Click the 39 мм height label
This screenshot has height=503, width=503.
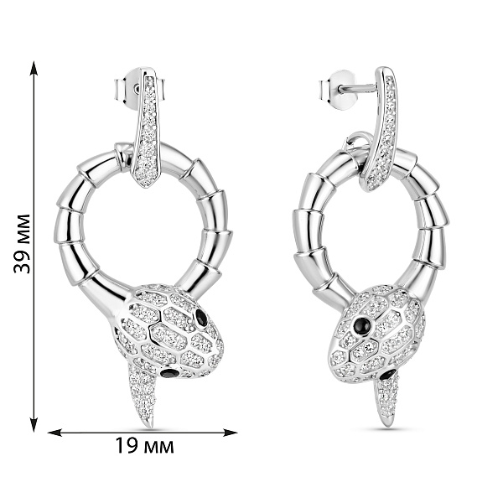[22, 244]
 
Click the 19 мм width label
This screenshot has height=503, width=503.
[144, 446]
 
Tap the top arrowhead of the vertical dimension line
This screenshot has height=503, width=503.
[34, 68]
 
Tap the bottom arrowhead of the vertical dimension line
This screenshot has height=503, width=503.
[34, 424]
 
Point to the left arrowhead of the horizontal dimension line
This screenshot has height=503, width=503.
[54, 433]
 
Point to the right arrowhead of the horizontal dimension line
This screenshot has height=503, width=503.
[231, 433]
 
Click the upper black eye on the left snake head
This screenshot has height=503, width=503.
[202, 317]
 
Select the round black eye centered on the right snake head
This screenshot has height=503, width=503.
[362, 326]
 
